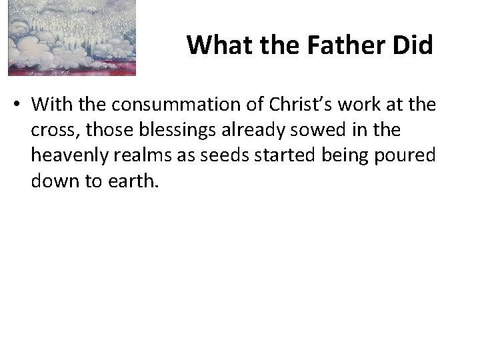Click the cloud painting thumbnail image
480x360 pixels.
click(72, 37)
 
